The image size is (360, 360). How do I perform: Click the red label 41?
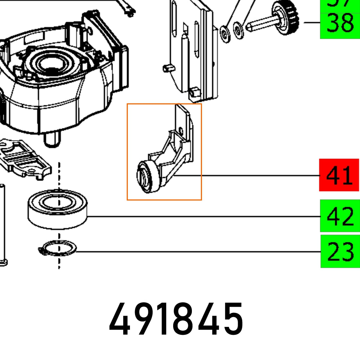click(x=339, y=175)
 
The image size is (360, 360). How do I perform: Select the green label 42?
click(x=339, y=216)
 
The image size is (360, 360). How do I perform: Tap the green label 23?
click(x=340, y=251)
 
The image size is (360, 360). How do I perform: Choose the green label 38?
click(x=339, y=24)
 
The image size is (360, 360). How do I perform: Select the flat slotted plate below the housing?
click(x=25, y=158)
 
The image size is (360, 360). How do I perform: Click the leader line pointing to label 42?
click(x=202, y=216)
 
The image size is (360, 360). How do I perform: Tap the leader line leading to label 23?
click(x=198, y=252)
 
